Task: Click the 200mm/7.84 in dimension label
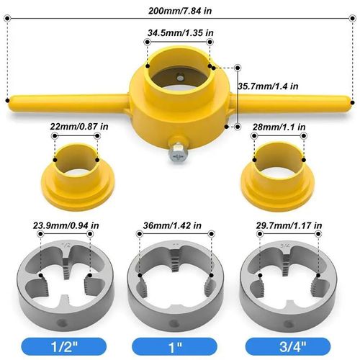[x=179, y=11]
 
